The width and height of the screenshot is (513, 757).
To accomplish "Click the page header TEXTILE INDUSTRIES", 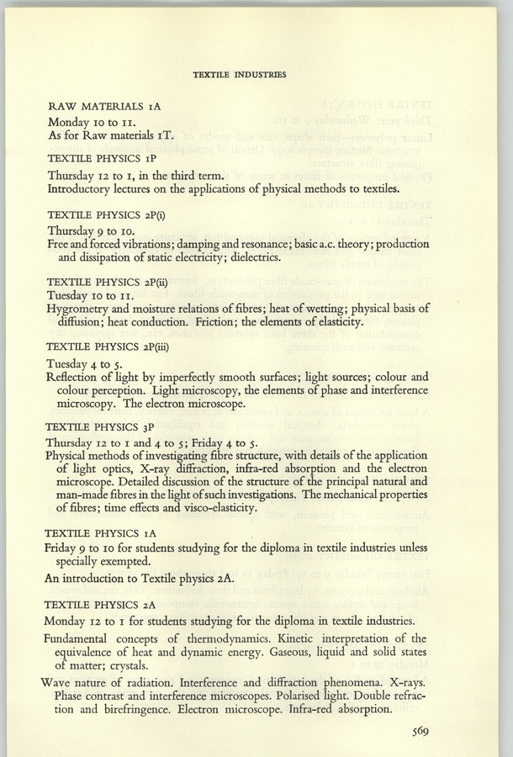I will pyautogui.click(x=240, y=74).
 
